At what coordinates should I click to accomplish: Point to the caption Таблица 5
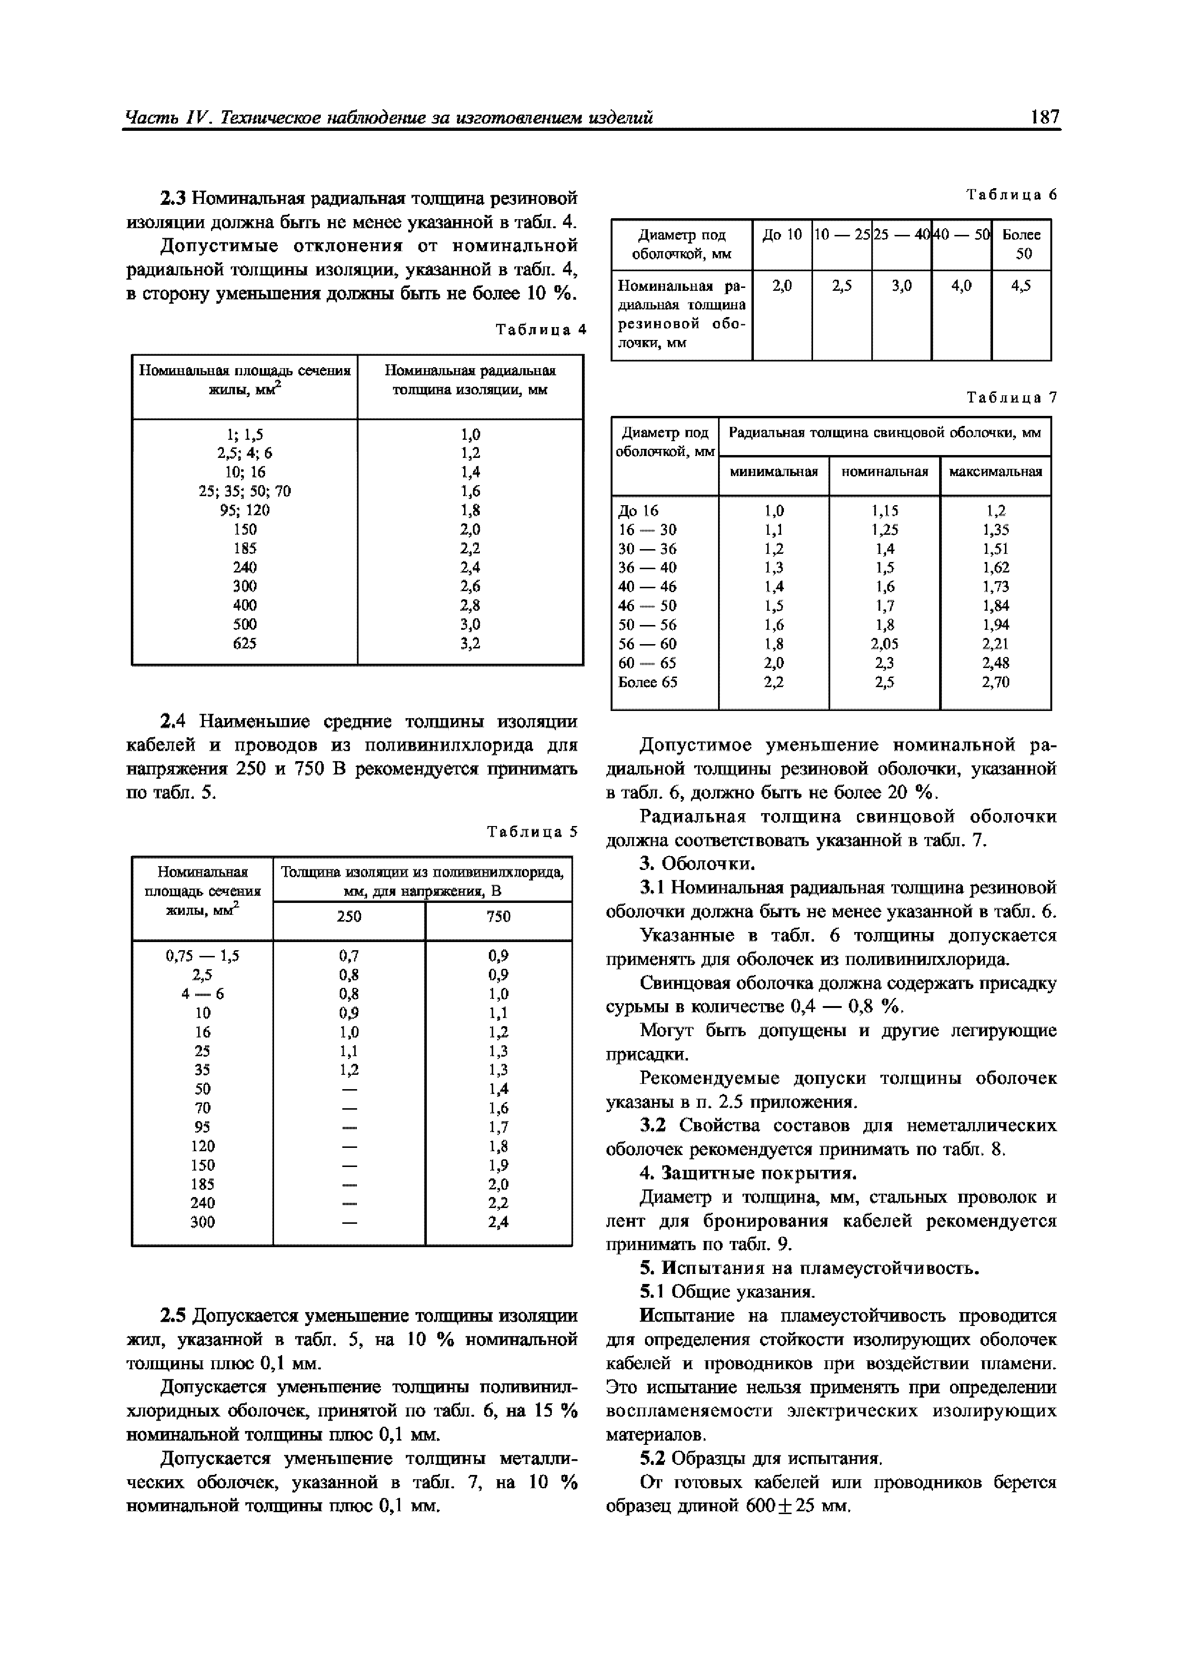tap(532, 832)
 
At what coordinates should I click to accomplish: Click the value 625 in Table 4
tap(244, 644)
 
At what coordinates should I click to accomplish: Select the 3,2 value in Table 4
tap(471, 644)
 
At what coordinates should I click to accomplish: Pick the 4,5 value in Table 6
tap(1021, 286)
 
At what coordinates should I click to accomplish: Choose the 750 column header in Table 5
tap(498, 916)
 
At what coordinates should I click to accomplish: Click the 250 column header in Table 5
tap(349, 916)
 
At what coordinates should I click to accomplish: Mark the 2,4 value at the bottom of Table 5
tap(498, 1222)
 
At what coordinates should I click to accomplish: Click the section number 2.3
tap(174, 199)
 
